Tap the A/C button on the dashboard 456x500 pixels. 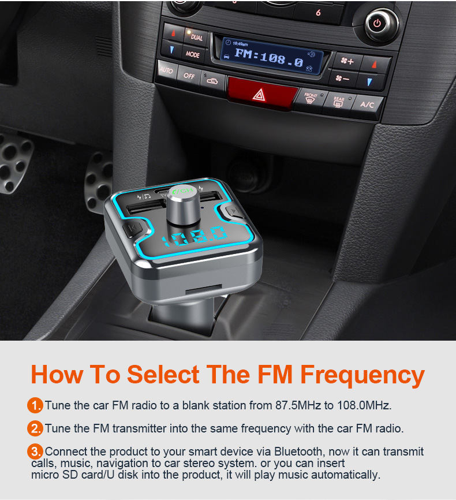point(367,105)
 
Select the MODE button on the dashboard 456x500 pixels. point(193,54)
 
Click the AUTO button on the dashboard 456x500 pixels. point(167,70)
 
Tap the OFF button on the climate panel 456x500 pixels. point(189,76)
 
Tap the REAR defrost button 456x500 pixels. point(338,102)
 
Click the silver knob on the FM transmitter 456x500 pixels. point(184,204)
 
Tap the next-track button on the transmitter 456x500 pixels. point(234,211)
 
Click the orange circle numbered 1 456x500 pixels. point(35,405)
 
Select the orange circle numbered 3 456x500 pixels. point(35,451)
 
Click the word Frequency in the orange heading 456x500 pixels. point(362,375)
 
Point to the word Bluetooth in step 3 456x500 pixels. point(298,452)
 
